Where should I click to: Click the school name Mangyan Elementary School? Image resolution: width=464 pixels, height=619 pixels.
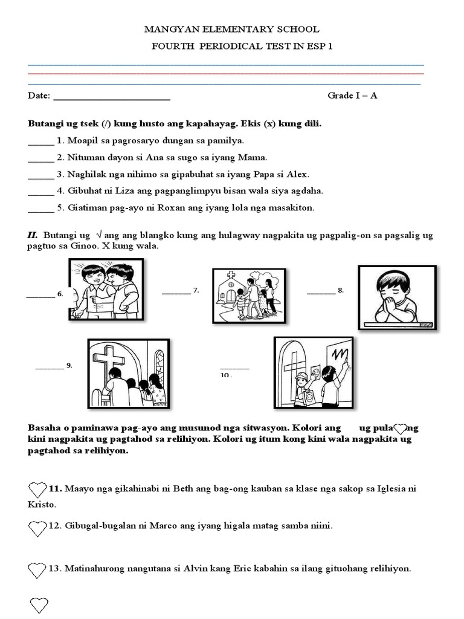point(231,29)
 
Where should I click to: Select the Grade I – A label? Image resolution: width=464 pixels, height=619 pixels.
point(352,96)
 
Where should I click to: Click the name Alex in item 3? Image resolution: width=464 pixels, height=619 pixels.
point(297,174)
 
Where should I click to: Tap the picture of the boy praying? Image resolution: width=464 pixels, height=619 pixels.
point(397,297)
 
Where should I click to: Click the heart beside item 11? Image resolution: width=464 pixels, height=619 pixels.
point(37,489)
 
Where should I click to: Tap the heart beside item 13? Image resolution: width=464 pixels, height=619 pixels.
point(37,569)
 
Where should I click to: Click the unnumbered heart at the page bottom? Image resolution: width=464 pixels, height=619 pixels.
point(39,604)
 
